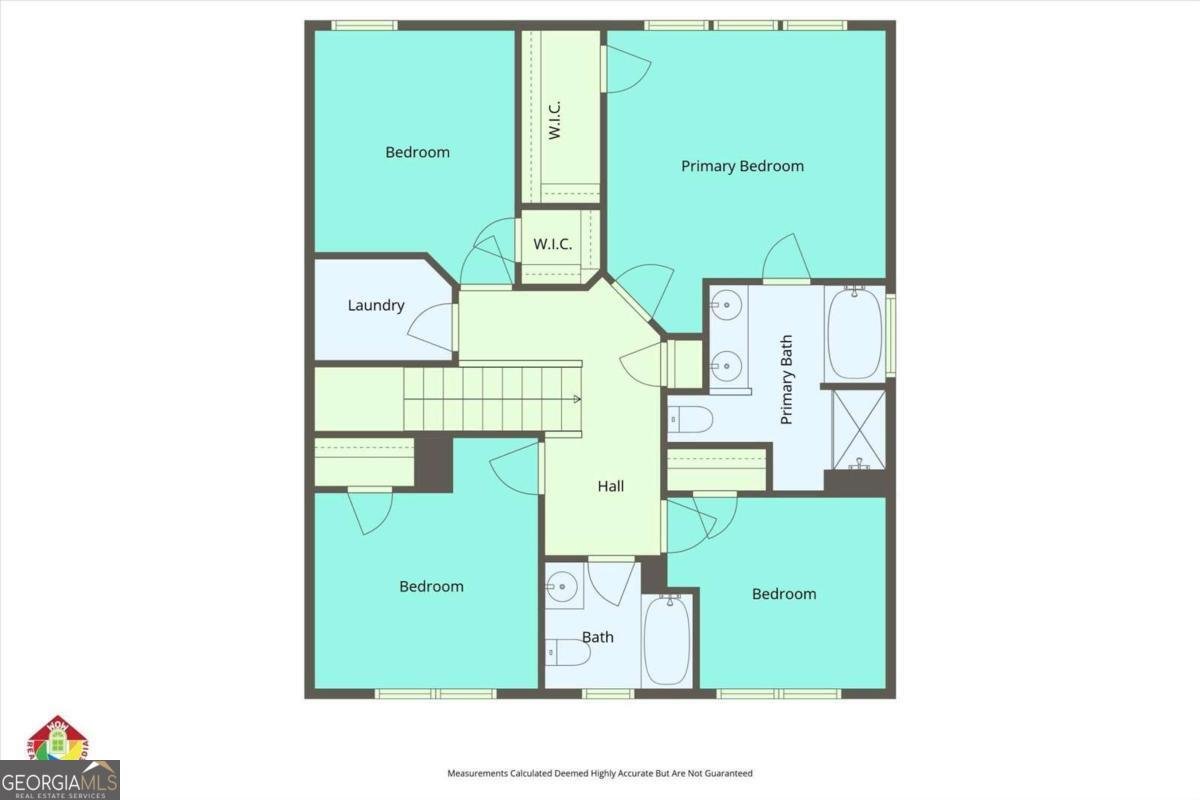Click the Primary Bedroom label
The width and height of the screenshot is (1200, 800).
click(x=742, y=166)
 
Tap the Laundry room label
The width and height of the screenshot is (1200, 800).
click(x=375, y=305)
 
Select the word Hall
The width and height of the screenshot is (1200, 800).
click(x=611, y=486)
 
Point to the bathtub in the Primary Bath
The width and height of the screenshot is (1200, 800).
click(x=855, y=333)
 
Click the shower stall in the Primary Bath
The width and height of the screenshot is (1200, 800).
click(x=859, y=430)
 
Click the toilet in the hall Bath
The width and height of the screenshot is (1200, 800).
click(x=567, y=653)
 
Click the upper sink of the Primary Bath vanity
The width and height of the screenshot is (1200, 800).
click(x=727, y=303)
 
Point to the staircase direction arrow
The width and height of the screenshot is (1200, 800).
click(x=578, y=399)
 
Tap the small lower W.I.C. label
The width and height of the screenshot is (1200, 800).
click(x=552, y=244)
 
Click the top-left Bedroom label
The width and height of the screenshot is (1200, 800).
click(x=417, y=152)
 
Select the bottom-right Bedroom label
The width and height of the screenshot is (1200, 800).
click(x=783, y=594)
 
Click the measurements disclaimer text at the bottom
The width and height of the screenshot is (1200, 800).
click(x=599, y=773)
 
